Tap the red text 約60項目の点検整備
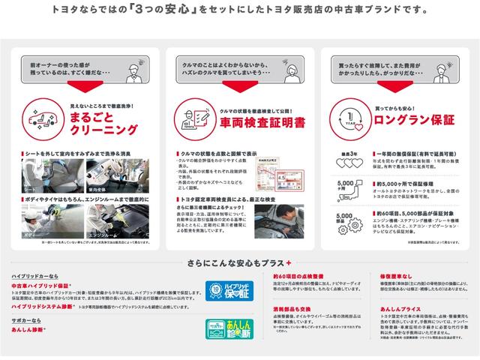tap(298, 276)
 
